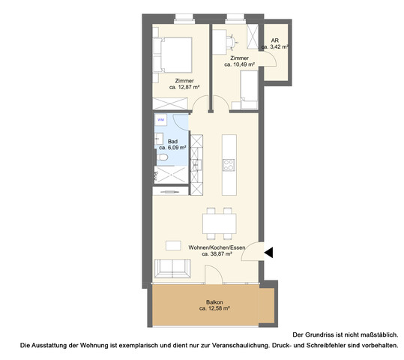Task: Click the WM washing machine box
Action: click(160, 119)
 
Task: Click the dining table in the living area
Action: click(220, 223)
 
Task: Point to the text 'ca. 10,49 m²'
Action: click(239, 64)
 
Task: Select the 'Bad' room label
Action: click(172, 141)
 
